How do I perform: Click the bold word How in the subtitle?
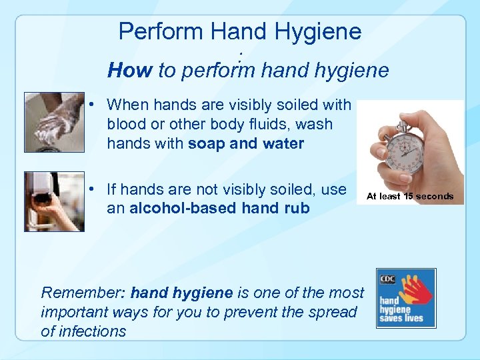coord(130,70)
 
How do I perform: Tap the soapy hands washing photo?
coord(54,122)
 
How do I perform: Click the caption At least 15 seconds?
coord(410,196)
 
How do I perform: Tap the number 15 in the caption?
coord(407,196)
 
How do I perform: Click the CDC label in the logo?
coord(387,279)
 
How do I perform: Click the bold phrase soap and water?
coord(246,143)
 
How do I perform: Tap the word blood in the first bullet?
coord(127,125)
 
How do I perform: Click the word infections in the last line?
coord(92,331)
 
